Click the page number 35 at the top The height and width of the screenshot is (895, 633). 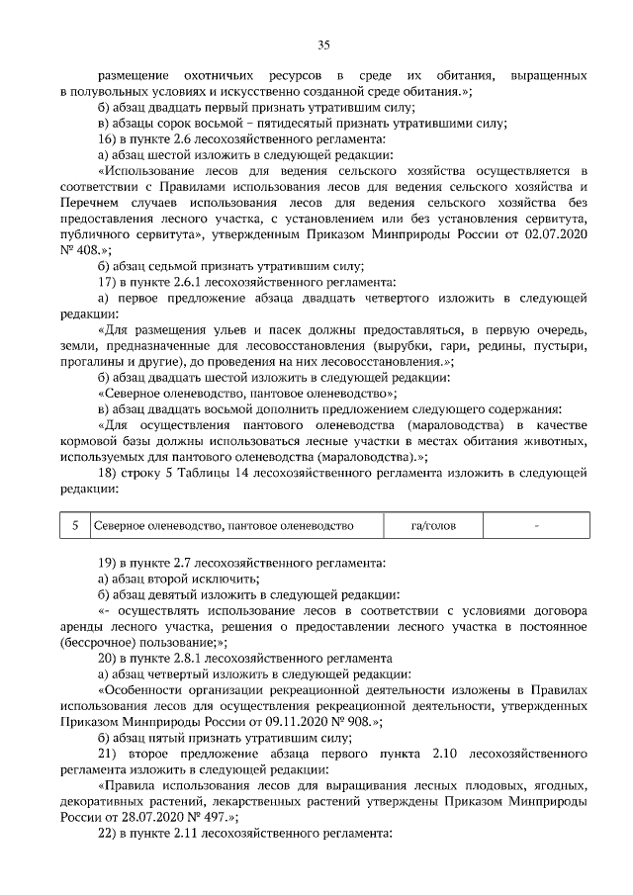[322, 44]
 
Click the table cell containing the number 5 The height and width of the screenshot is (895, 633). [75, 526]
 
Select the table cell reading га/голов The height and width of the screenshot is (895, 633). [433, 526]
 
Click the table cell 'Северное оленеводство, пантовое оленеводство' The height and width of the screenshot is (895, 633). [223, 526]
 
